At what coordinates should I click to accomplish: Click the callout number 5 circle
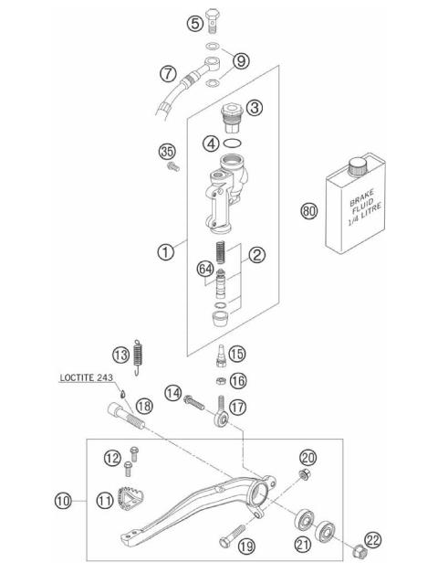tap(195, 23)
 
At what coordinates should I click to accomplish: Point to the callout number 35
tap(166, 152)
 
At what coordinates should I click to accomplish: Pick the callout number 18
tap(143, 406)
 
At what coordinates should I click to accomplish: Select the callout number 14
tap(173, 393)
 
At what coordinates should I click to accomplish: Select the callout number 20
tap(308, 457)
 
